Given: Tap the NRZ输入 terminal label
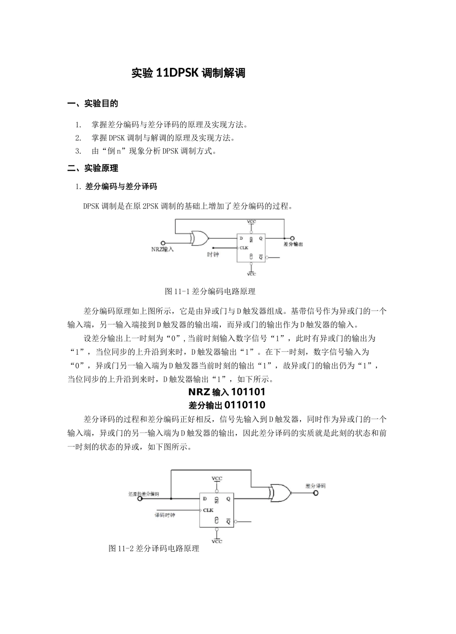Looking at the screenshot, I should [162, 250].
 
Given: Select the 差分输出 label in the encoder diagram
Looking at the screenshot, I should [293, 244].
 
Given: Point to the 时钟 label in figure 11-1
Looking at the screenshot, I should [213, 254].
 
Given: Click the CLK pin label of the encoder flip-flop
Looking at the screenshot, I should [244, 248].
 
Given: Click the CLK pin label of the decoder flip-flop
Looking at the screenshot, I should [208, 510].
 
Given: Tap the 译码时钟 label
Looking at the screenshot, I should [165, 515].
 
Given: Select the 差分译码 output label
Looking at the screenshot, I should [315, 485].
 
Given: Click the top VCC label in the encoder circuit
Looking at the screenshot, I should [252, 222].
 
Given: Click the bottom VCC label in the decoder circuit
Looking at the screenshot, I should [217, 542].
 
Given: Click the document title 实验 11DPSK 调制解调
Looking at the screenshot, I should [188, 73].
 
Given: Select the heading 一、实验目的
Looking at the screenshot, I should [93, 103].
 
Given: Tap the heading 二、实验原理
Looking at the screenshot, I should [93, 168].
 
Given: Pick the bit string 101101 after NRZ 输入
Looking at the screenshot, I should [248, 392].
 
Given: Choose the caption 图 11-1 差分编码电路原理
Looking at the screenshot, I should [210, 291].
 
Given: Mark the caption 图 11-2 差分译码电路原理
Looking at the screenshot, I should [154, 548].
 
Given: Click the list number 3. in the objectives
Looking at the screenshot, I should [78, 151].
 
